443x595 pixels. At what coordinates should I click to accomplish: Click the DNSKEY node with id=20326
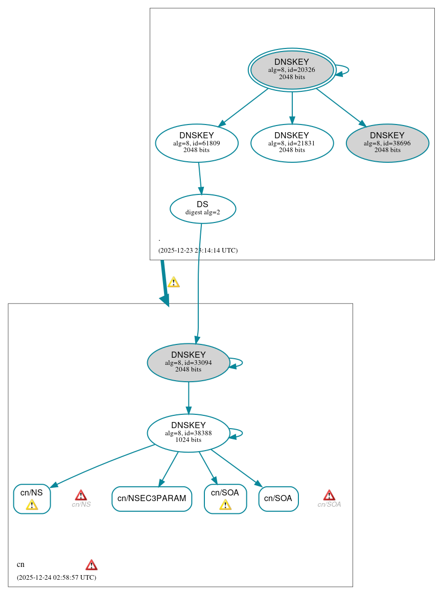click(x=292, y=70)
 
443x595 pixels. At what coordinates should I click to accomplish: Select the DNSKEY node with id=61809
click(x=197, y=143)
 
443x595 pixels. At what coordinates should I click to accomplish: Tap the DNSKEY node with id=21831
click(x=292, y=143)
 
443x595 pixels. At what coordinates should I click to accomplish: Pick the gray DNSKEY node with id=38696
click(x=387, y=143)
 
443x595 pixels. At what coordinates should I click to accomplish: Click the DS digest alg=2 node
click(x=203, y=208)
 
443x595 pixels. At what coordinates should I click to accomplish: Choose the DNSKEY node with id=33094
click(x=189, y=362)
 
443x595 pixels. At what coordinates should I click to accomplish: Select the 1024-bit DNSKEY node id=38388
click(x=189, y=433)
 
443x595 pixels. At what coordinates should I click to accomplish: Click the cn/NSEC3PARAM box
click(x=152, y=499)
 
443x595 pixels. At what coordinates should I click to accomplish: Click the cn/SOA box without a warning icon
click(x=278, y=499)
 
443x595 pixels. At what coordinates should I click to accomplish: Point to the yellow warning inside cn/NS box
click(x=32, y=505)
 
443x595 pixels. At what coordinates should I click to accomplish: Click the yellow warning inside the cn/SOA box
click(x=225, y=505)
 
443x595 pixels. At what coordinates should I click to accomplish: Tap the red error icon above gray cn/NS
click(x=81, y=495)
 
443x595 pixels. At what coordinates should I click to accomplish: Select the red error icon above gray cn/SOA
click(x=329, y=495)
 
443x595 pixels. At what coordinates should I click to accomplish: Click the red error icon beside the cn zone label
click(x=91, y=564)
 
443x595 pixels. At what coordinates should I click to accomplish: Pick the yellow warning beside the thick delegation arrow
click(x=174, y=282)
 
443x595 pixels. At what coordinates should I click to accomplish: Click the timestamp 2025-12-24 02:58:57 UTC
click(x=56, y=577)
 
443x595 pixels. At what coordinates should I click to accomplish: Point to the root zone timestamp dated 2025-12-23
click(x=198, y=250)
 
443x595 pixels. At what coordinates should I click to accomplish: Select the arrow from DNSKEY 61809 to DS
click(x=200, y=178)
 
